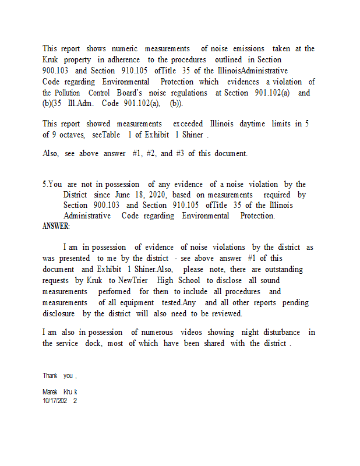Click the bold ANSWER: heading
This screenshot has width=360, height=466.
point(56,226)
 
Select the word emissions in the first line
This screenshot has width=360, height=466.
point(248,49)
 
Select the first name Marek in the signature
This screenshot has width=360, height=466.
point(51,392)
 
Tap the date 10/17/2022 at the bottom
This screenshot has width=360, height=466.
point(59,401)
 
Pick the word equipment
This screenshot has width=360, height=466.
point(138,303)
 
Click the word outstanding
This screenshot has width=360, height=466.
point(285,270)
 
